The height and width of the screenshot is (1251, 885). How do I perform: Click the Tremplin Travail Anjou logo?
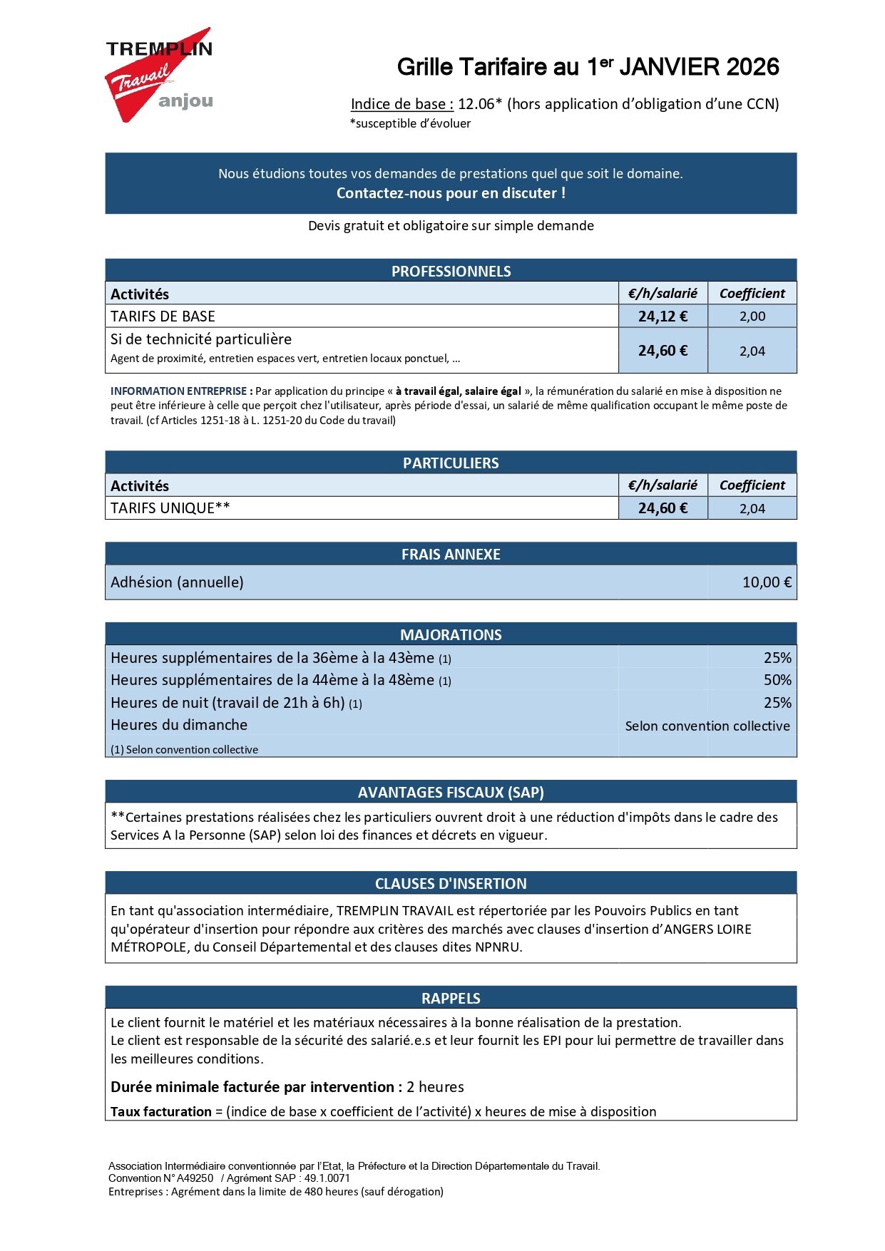click(x=159, y=75)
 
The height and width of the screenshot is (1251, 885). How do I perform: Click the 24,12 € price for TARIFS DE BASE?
click(x=663, y=316)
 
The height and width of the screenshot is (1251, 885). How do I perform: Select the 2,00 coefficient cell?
click(x=752, y=316)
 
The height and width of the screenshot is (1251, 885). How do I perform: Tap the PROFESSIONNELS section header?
click(x=451, y=271)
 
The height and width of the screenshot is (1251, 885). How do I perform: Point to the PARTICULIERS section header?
click(x=451, y=463)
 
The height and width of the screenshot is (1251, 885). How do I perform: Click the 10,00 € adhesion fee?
click(x=767, y=582)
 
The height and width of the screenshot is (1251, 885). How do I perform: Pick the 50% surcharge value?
click(x=777, y=680)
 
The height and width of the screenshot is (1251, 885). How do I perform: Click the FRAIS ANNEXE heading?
click(x=451, y=554)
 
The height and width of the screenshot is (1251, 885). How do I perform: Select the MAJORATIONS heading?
click(x=451, y=634)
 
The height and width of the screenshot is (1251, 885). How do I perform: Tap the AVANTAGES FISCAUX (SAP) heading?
click(x=451, y=792)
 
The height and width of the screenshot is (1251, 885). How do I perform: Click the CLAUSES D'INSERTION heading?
click(x=451, y=883)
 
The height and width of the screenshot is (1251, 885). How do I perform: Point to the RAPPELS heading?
click(x=451, y=998)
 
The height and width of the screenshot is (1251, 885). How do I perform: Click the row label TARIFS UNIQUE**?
click(x=170, y=508)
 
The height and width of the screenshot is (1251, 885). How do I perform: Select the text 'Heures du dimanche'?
click(x=179, y=725)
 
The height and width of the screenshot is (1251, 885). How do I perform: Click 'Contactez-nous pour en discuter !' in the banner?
click(x=451, y=193)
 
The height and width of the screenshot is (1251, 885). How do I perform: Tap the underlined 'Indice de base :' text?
click(x=402, y=104)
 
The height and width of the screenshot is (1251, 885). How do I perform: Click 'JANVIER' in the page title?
click(x=670, y=67)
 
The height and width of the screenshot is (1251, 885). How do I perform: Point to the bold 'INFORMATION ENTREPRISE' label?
click(x=178, y=391)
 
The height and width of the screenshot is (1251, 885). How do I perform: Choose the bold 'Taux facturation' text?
click(x=161, y=1111)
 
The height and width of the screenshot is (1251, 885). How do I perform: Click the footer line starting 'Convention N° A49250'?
click(x=230, y=1178)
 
